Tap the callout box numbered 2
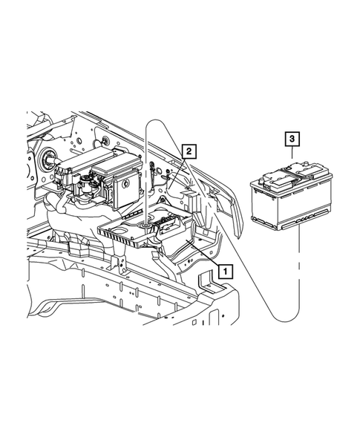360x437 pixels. tap(190, 152)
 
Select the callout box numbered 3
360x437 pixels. tap(293, 139)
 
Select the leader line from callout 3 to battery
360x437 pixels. tap(293, 157)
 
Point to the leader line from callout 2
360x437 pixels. tap(178, 166)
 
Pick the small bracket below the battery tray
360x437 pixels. tap(117, 263)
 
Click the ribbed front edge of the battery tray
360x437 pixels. tap(122, 236)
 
